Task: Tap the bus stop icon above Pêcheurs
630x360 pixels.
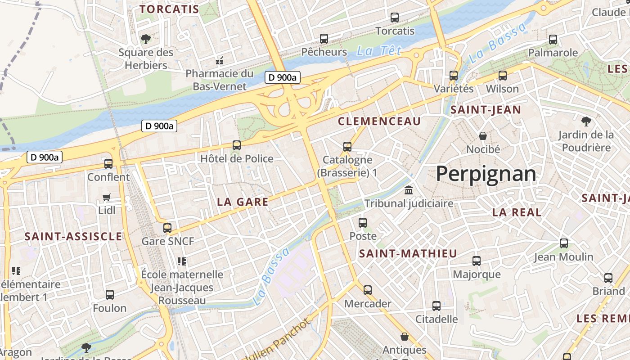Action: point(324,39)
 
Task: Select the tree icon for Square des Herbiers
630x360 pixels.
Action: point(145,39)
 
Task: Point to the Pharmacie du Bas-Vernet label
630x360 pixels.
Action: point(220,80)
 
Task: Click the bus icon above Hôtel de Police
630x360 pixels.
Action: point(237,145)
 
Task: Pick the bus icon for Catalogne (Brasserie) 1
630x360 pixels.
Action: point(347,146)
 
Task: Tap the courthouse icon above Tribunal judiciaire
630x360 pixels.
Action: point(409,190)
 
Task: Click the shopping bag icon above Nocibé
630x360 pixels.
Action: point(483,136)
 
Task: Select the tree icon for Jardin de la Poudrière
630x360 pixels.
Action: point(586,121)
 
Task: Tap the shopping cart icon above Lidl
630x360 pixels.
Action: point(107,197)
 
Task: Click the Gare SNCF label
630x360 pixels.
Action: point(168,241)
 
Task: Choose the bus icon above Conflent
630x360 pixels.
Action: point(108,164)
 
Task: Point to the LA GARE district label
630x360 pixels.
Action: point(243,202)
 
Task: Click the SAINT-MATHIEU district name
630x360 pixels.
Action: point(408,254)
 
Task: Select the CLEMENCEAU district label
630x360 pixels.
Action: point(379,121)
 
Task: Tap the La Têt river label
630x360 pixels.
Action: point(378,51)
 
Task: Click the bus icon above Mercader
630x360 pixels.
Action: point(368,290)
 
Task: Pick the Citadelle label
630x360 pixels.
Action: point(436,319)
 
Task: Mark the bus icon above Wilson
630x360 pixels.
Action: point(502,76)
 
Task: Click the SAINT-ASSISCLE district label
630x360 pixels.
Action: point(73,237)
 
